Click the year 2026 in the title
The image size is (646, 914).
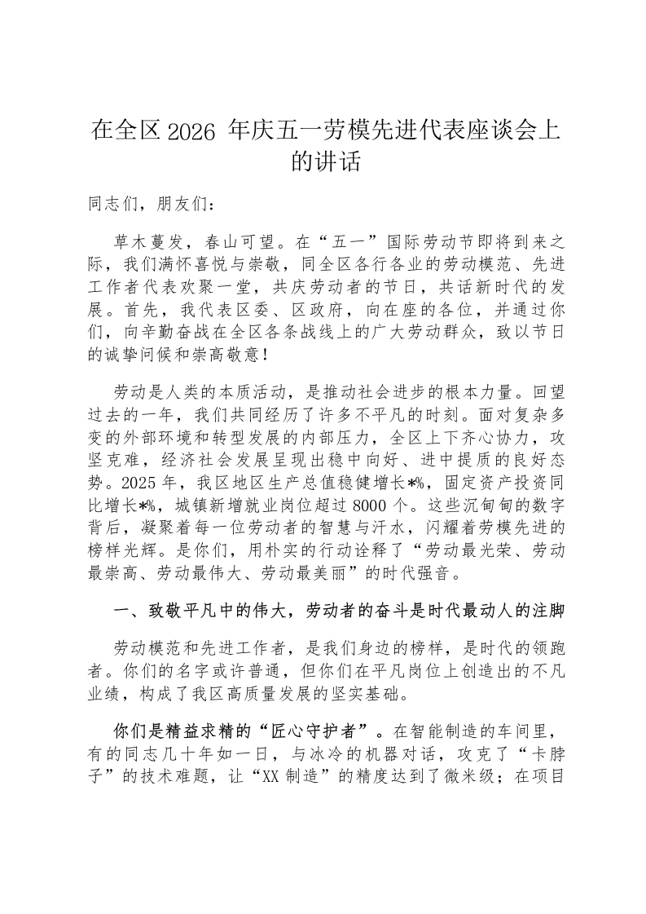191,130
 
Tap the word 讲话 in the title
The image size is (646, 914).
338,161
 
